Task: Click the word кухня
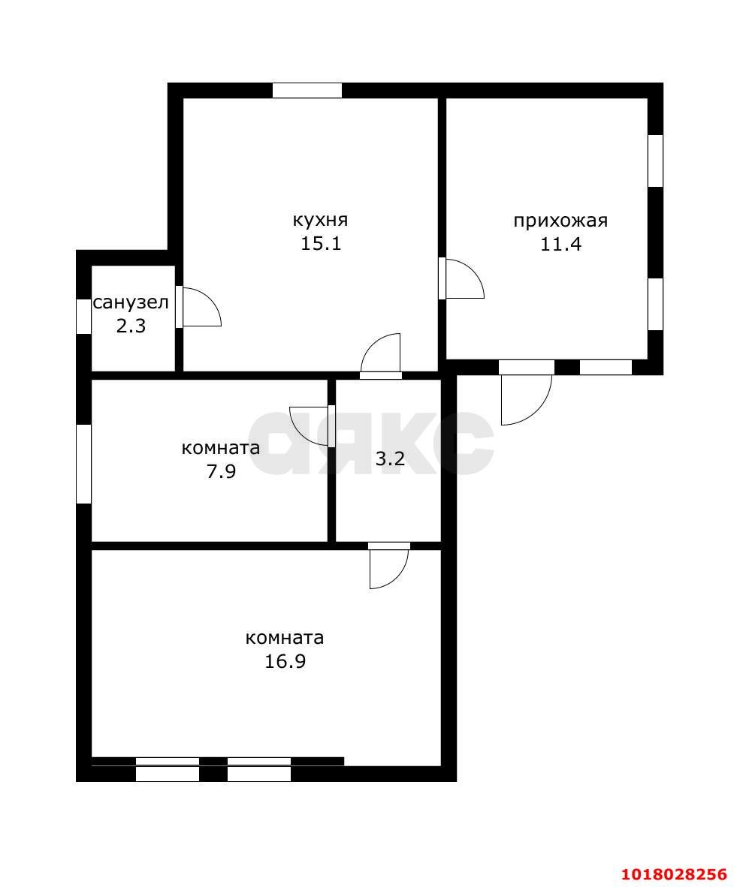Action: click(320, 219)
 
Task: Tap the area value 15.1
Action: click(321, 244)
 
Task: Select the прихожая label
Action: click(560, 221)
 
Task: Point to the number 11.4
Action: click(560, 245)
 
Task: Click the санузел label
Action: click(131, 302)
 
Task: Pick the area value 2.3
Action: click(131, 326)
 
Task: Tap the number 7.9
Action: click(221, 472)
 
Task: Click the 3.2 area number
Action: click(390, 459)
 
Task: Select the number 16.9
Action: click(285, 661)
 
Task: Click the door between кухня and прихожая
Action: click(461, 278)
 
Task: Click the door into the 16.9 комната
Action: click(388, 566)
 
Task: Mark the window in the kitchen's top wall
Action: click(307, 91)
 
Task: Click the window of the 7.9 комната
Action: click(84, 464)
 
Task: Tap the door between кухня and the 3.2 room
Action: click(381, 356)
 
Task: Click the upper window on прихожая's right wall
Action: click(655, 161)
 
